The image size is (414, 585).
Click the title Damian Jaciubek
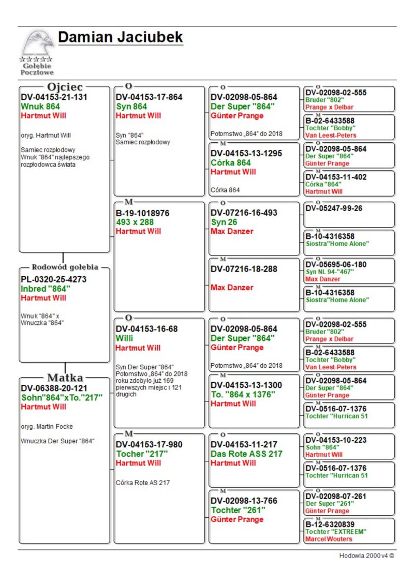coord(121,37)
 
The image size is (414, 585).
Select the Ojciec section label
coord(65,87)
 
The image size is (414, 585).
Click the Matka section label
coord(65,377)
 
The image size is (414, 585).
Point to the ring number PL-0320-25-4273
coord(54,279)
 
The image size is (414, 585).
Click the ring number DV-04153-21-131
coord(54,97)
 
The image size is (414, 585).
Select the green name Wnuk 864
coord(40,107)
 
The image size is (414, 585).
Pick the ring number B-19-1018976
coord(142,213)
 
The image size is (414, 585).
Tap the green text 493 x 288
coord(135,222)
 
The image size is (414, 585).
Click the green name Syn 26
coord(225,222)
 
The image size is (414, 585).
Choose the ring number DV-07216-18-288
coord(244,268)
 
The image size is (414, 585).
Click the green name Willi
coord(124,338)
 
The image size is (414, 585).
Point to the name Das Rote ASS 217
coord(247,454)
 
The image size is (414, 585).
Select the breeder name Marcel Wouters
coord(329,539)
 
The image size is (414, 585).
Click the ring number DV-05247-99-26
coord(334,208)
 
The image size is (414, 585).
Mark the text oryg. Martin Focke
coord(47,427)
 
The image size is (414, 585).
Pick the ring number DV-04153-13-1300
coord(246,385)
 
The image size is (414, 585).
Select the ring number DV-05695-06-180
coord(336,264)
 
